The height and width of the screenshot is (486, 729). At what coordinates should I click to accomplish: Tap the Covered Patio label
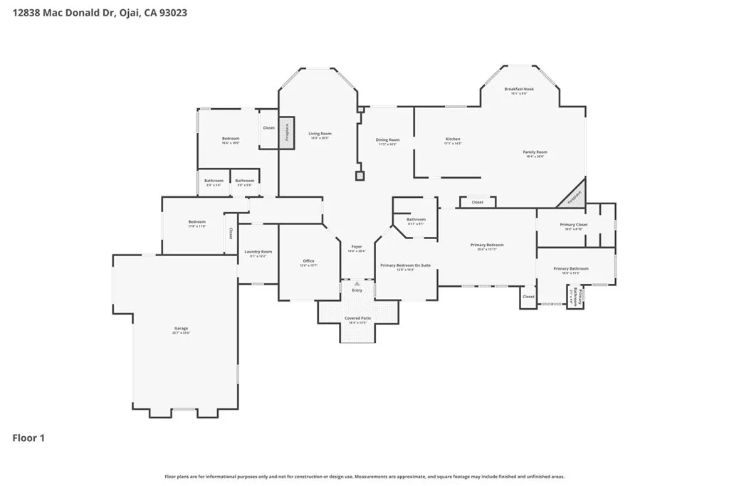pyautogui.click(x=357, y=318)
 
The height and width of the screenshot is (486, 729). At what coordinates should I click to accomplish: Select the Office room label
pyautogui.click(x=308, y=261)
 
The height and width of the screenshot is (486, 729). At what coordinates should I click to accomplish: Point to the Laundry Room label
pyautogui.click(x=258, y=252)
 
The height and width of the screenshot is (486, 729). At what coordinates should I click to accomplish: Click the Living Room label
pyautogui.click(x=320, y=134)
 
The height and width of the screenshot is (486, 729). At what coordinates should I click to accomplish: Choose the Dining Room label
pyautogui.click(x=387, y=140)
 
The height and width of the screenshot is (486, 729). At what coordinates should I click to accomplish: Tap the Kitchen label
pyautogui.click(x=453, y=139)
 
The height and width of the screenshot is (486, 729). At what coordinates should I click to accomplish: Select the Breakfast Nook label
pyautogui.click(x=519, y=90)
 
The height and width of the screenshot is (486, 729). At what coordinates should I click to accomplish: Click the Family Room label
pyautogui.click(x=535, y=152)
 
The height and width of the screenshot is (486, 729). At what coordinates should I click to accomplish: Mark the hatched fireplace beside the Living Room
pyautogui.click(x=287, y=133)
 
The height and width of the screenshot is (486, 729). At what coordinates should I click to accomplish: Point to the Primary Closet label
pyautogui.click(x=574, y=225)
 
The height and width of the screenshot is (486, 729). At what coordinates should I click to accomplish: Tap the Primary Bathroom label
pyautogui.click(x=571, y=269)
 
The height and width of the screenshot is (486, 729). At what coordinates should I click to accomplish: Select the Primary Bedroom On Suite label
pyautogui.click(x=405, y=265)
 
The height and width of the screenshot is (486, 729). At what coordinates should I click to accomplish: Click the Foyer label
pyautogui.click(x=357, y=247)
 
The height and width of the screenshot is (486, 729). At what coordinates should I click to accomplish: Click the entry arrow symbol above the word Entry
pyautogui.click(x=357, y=282)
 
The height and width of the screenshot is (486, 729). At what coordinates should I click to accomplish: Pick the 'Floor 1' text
pyautogui.click(x=28, y=438)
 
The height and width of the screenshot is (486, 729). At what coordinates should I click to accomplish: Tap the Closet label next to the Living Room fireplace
pyautogui.click(x=268, y=128)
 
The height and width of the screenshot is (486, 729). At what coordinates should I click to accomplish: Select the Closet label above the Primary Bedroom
pyautogui.click(x=477, y=202)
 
